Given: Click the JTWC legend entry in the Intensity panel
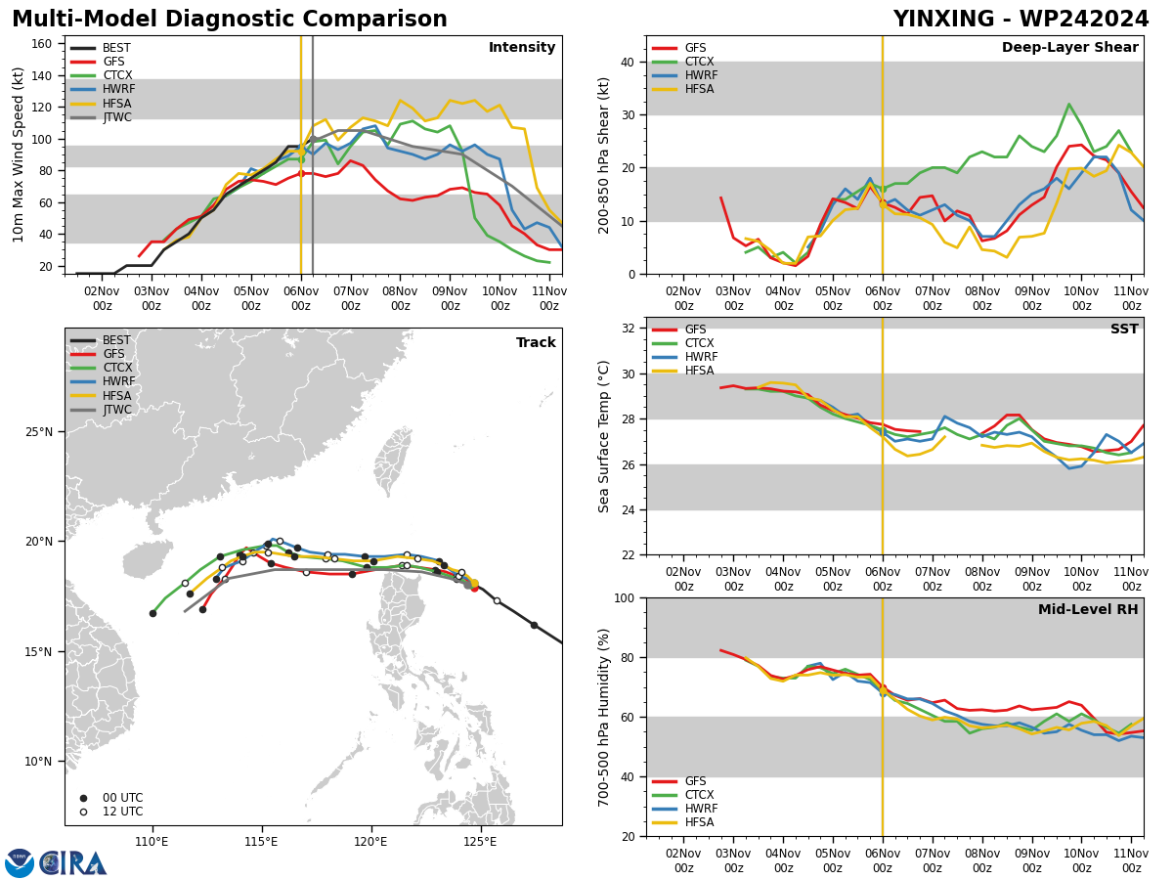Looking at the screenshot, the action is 101,117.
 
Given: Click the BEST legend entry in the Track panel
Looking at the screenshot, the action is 100,340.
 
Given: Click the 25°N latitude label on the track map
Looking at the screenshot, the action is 39,432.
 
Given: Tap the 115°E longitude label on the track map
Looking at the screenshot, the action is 262,842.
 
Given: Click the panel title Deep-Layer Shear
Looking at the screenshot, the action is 1069,47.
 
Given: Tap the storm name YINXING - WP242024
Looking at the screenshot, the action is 1021,19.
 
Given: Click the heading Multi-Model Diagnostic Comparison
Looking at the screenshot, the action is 230,19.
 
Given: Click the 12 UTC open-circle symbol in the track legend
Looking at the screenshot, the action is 83,812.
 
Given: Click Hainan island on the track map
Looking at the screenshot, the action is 148,559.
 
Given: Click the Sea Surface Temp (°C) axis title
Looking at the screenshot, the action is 603,436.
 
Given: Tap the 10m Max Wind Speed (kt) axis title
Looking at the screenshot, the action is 18,154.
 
